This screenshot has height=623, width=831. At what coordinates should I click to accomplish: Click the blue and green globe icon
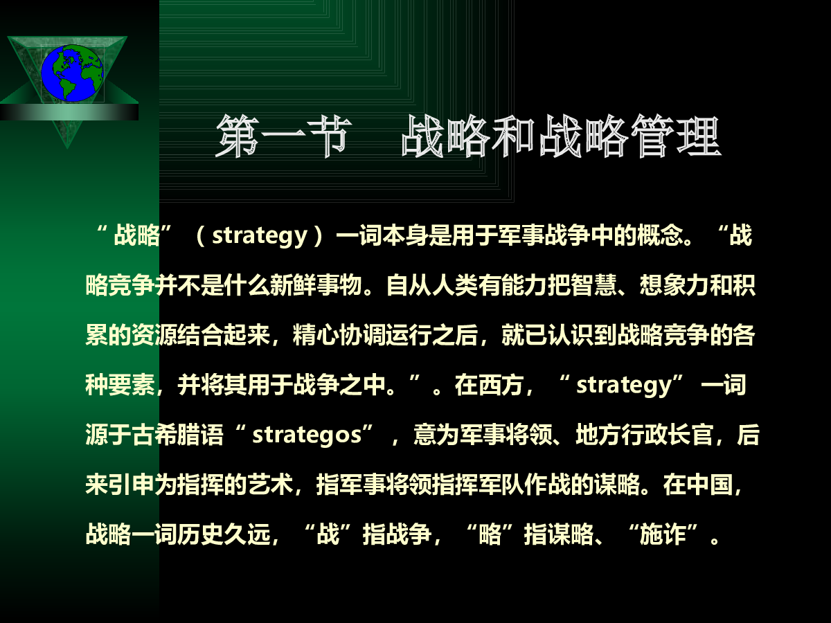[72, 73]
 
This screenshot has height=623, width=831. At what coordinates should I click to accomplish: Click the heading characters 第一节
[282, 136]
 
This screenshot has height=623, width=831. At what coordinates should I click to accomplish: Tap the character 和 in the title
[517, 136]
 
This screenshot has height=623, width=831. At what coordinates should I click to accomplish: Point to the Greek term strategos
[307, 435]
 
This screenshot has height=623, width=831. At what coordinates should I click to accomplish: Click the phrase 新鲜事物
[316, 285]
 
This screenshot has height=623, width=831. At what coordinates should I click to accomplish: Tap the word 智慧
[594, 285]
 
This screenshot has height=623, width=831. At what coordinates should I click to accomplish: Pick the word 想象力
[674, 285]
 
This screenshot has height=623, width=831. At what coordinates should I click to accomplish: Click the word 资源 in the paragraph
[154, 335]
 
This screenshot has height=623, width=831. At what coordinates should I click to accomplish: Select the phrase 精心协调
[339, 335]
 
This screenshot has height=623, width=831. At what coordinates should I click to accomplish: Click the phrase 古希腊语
[177, 435]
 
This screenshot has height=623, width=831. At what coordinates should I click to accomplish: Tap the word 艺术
[271, 485]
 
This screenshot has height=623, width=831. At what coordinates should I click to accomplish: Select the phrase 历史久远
[224, 535]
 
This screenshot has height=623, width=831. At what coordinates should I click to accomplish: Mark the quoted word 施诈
[663, 535]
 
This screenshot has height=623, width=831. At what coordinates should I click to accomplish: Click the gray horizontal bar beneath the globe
[69, 112]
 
